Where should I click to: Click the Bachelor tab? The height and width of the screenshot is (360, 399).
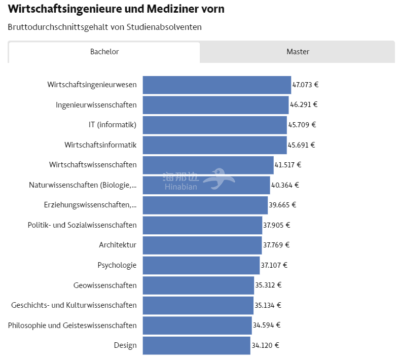coord(104,52)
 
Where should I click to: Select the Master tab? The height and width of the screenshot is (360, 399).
coord(298,52)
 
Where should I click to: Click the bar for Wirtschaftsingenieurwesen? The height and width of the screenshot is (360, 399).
coord(216,85)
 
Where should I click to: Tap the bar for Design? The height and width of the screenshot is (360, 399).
coord(196,345)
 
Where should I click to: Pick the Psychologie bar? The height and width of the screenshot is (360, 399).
coord(201,265)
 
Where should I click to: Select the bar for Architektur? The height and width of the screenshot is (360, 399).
coord(202,245)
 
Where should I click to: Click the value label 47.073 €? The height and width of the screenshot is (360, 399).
coord(305,85)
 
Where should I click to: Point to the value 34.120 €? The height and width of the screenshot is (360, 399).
coord(265,345)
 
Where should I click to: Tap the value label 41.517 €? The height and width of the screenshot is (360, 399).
coord(287,165)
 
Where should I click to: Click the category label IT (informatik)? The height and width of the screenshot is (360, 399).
coord(113,125)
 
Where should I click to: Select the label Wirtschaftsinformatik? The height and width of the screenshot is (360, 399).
coord(100,145)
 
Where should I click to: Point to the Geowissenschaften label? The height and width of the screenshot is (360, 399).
coord(105,285)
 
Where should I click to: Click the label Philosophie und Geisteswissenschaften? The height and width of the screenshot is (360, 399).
coord(72,326)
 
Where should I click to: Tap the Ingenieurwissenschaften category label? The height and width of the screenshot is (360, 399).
coord(96,105)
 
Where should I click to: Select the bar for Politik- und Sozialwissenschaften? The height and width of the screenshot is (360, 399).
coord(202,225)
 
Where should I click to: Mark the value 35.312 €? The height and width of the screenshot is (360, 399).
coord(268,285)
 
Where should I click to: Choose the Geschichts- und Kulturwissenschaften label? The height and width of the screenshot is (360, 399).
coord(74,305)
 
